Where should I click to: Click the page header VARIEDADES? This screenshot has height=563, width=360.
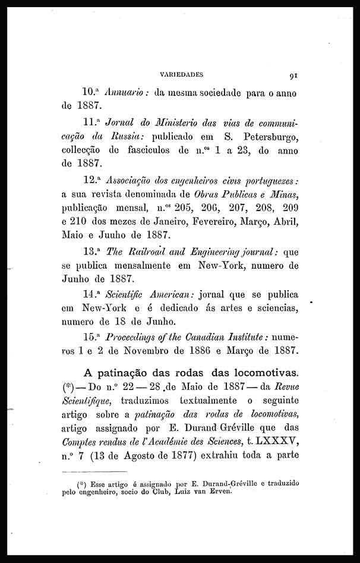pos(182,75)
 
